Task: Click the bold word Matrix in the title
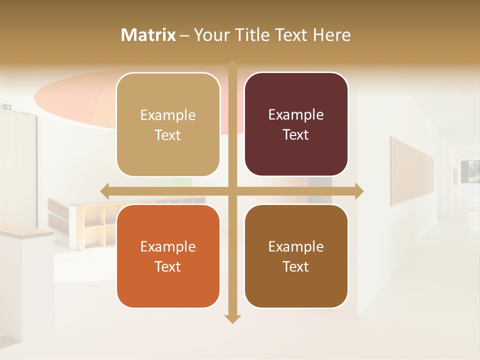(148, 35)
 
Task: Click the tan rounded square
(168, 124)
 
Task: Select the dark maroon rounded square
(296, 124)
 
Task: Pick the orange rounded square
(168, 256)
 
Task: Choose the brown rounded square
(296, 256)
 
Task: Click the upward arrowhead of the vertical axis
(232, 64)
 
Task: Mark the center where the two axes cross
(232, 191)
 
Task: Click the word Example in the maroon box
(296, 115)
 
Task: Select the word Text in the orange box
(167, 266)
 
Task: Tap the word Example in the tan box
(168, 115)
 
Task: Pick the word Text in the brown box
(295, 266)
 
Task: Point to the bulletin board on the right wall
(411, 171)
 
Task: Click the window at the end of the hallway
(473, 171)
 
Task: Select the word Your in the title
(210, 35)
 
